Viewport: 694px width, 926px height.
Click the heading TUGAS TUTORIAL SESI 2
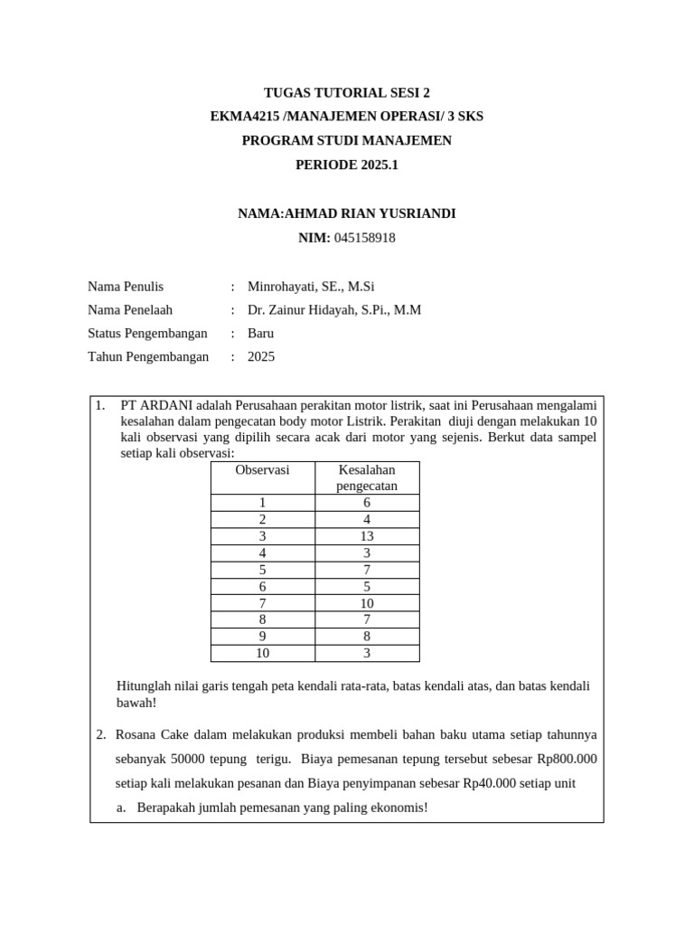[x=347, y=93]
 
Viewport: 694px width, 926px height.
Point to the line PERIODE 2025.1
[x=347, y=165]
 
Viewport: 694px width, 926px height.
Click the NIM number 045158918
[x=364, y=238]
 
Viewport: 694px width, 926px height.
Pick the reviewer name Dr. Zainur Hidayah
[x=305, y=310]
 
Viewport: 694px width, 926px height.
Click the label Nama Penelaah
[x=129, y=310]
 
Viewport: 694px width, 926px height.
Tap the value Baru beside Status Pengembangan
[x=260, y=333]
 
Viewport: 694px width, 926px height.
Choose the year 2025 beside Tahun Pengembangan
[x=261, y=356]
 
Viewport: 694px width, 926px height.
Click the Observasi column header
[x=262, y=470]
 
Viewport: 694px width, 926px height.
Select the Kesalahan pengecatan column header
[x=367, y=477]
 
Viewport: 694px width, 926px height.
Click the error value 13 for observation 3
[x=367, y=536]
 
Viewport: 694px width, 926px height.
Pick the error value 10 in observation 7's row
[x=367, y=603]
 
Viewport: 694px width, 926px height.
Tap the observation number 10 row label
[x=262, y=653]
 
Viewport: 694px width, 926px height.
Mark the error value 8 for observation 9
[x=367, y=637]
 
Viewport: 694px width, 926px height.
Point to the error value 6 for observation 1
[x=367, y=503]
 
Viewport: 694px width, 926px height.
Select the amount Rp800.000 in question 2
[x=565, y=759]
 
